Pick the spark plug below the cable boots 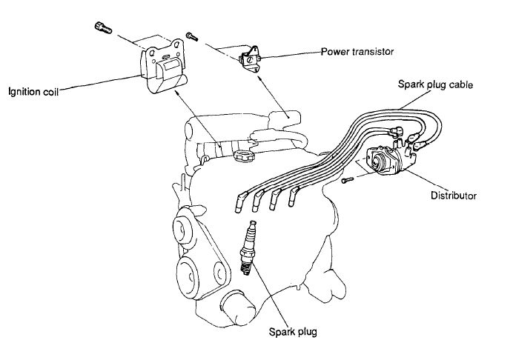249,247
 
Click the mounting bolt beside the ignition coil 102,29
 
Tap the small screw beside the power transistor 193,34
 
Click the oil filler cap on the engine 242,156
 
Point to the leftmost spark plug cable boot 241,201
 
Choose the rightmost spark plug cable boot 294,197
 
